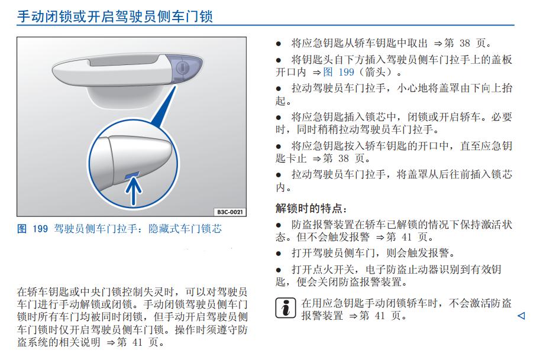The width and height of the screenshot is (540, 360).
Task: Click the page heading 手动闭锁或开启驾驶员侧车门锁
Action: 115,16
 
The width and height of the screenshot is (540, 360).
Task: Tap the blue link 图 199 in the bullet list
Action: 339,72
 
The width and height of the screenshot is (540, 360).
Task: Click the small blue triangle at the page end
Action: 520,316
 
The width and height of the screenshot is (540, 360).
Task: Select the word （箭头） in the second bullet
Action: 379,72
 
